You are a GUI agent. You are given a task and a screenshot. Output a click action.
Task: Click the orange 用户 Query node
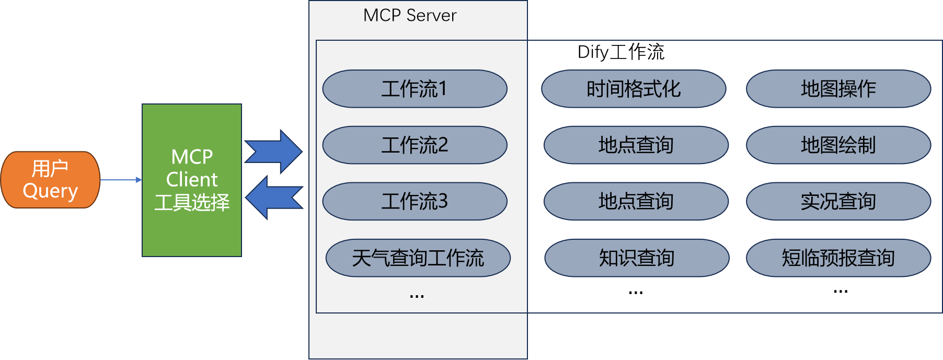[50, 180]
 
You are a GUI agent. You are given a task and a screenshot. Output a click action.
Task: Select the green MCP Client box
[192, 180]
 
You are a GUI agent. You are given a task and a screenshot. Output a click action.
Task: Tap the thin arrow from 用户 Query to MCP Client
[121, 180]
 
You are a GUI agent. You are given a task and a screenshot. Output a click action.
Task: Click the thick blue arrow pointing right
[273, 152]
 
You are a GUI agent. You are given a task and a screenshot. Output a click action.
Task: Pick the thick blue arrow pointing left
[274, 198]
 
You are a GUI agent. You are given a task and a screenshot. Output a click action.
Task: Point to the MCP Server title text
[410, 16]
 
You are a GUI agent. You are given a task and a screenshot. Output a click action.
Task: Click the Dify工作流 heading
[621, 52]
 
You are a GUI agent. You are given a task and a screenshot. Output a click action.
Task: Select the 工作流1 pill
[415, 89]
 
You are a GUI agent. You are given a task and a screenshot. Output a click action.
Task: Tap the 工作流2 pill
[415, 145]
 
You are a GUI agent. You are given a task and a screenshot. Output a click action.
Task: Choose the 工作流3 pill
[415, 201]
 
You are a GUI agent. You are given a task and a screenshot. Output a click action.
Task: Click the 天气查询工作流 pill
[418, 258]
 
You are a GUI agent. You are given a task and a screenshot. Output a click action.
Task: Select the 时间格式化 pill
[634, 89]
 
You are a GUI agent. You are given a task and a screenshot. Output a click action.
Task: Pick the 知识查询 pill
[637, 258]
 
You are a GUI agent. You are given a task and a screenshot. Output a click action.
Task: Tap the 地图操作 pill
[838, 89]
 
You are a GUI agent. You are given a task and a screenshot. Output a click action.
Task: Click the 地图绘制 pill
[838, 145]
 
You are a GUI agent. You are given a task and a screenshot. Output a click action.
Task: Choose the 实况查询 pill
[838, 201]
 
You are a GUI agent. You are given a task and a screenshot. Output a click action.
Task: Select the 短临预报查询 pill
[838, 258]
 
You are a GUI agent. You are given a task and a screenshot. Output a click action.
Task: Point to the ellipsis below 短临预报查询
[841, 292]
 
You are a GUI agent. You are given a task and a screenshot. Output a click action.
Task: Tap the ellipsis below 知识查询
[636, 293]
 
